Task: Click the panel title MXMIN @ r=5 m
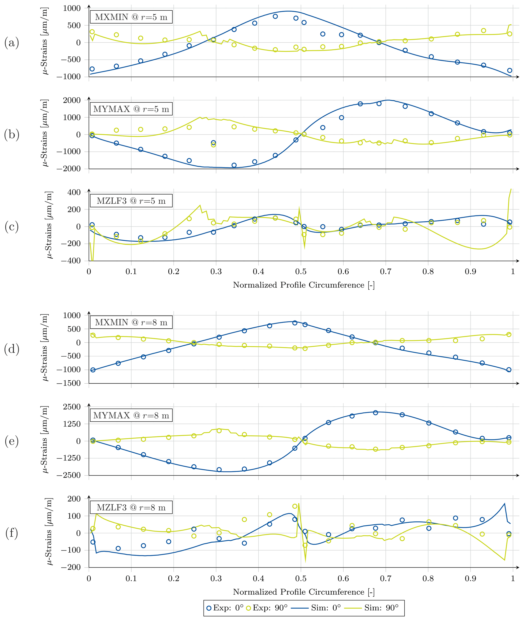pyautogui.click(x=131, y=17)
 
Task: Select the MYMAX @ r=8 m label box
pyautogui.click(x=131, y=415)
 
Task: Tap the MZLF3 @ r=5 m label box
pyautogui.click(x=131, y=201)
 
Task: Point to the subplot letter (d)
pyautogui.click(x=12, y=349)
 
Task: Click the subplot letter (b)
pyautogui.click(x=12, y=134)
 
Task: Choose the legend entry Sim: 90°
pyautogui.click(x=371, y=608)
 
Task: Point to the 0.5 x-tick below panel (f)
pyautogui.click(x=301, y=578)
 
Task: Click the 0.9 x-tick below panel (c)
pyautogui.click(x=471, y=271)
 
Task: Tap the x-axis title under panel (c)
pyautogui.click(x=304, y=285)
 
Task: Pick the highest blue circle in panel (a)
pyautogui.click(x=275, y=16)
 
